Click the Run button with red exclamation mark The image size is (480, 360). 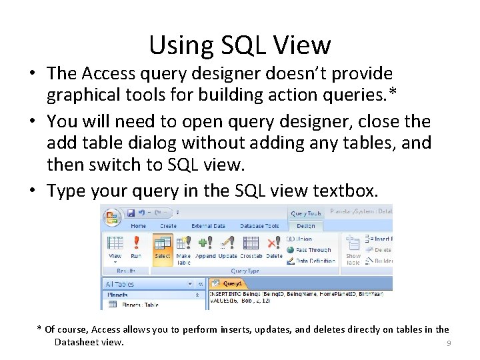(136, 247)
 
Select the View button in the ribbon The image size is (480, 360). (115, 247)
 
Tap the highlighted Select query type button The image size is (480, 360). (163, 247)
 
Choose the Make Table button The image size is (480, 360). (183, 248)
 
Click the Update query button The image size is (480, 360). (228, 247)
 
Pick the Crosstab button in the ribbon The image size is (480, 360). (251, 247)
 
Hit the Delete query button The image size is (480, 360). (274, 247)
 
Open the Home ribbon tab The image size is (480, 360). (138, 226)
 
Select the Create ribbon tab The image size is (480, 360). (168, 226)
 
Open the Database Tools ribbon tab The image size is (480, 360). (259, 226)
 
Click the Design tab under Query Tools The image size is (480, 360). (305, 226)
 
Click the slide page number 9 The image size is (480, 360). (449, 343)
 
